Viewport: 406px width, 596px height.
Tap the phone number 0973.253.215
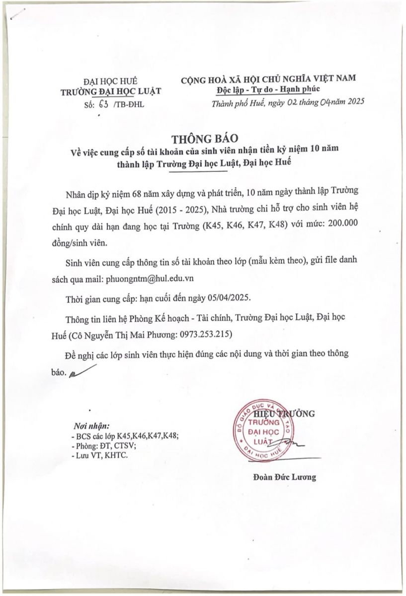pyautogui.click(x=204, y=334)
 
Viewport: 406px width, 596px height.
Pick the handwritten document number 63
pyautogui.click(x=104, y=104)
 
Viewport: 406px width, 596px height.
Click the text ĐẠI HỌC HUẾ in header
pyautogui.click(x=110, y=80)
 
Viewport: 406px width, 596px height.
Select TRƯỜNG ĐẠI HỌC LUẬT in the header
pyautogui.click(x=110, y=91)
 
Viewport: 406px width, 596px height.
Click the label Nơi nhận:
pyautogui.click(x=91, y=426)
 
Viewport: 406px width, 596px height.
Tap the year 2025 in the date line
pyautogui.click(x=355, y=103)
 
